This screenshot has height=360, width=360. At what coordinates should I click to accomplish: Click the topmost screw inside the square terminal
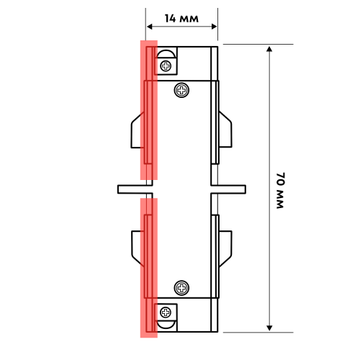[x=167, y=66]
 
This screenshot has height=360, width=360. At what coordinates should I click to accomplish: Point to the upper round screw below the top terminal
[x=181, y=91]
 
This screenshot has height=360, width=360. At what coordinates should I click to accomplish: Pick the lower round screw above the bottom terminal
[x=181, y=287]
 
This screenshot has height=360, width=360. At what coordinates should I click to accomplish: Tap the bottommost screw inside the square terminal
[x=167, y=312]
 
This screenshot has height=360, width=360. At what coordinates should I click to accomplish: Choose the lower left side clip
[x=137, y=247]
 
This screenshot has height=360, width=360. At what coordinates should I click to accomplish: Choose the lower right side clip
[x=226, y=247]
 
